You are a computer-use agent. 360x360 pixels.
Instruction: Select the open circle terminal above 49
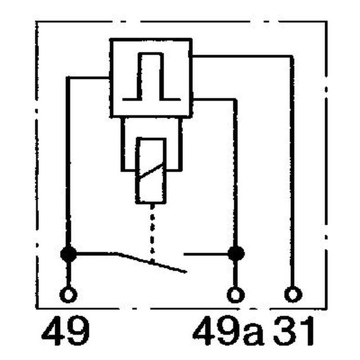pos(68,295)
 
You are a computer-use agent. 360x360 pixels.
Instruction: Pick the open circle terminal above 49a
pos(236,295)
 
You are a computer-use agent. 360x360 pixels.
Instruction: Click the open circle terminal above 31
pos(293,294)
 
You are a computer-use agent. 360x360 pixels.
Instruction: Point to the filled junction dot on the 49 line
pos(69,254)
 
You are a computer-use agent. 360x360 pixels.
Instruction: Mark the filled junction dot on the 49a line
pos(236,254)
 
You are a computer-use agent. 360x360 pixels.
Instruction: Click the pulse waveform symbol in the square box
pos(151,76)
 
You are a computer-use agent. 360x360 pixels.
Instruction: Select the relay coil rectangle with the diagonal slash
pos(151,170)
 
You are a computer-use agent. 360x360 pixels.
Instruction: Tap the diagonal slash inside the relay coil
pos(151,171)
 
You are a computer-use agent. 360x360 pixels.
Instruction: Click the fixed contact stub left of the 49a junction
pos(206,254)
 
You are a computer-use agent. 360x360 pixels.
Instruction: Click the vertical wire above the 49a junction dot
pos(235,172)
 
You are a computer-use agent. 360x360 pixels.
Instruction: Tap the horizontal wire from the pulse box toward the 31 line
pos(242,56)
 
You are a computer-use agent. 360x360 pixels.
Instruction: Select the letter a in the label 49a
pos(253,334)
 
